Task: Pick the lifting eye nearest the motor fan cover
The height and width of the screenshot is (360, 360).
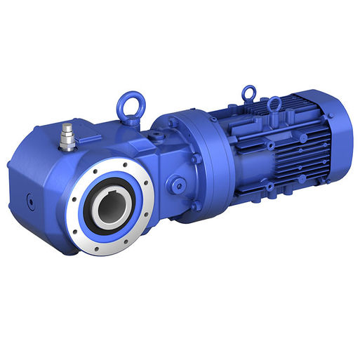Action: click(x=274, y=106)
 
